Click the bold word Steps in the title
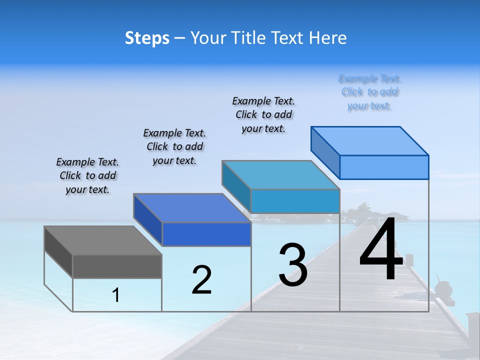[147, 38]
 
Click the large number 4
[381, 250]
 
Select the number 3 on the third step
[293, 265]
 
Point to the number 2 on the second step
[202, 280]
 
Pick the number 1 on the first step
[116, 295]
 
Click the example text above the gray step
[87, 175]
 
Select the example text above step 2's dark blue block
[174, 146]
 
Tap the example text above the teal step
[263, 114]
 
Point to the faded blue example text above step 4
[370, 92]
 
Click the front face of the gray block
[117, 266]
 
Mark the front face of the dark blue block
[206, 234]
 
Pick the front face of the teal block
[295, 201]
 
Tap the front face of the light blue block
[384, 167]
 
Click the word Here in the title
[328, 38]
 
